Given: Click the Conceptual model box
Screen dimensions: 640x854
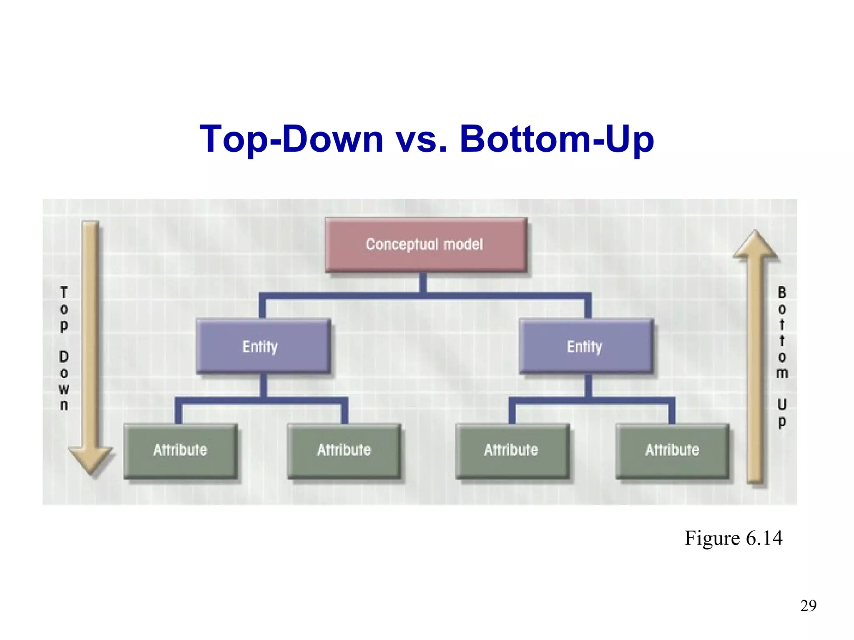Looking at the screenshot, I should coord(425,245).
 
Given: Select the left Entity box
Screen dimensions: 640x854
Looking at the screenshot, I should coord(263,346).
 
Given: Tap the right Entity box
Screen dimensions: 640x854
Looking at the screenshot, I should coord(585,346).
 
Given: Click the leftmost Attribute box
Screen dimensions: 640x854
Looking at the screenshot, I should coord(180,450).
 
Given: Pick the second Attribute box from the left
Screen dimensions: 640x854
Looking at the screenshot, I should coord(344,450).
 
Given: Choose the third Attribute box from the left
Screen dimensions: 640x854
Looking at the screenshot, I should coord(512,450).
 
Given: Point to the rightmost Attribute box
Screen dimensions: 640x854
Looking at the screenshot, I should coord(672,450).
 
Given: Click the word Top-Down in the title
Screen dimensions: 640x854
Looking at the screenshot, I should coord(291,139).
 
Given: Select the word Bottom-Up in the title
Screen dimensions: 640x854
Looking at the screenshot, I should coord(557,139).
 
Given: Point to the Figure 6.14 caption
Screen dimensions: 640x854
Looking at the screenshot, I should coord(733,538).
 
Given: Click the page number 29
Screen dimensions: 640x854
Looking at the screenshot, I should coord(808,605).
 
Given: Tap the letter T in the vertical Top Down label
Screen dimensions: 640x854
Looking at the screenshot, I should coord(64,293).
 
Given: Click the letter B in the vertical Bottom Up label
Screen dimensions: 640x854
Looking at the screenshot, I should coord(782,293).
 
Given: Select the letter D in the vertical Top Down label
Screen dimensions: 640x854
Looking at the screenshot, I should coord(64,357).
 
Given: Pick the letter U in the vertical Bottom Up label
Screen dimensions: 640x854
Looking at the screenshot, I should coord(782,404).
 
